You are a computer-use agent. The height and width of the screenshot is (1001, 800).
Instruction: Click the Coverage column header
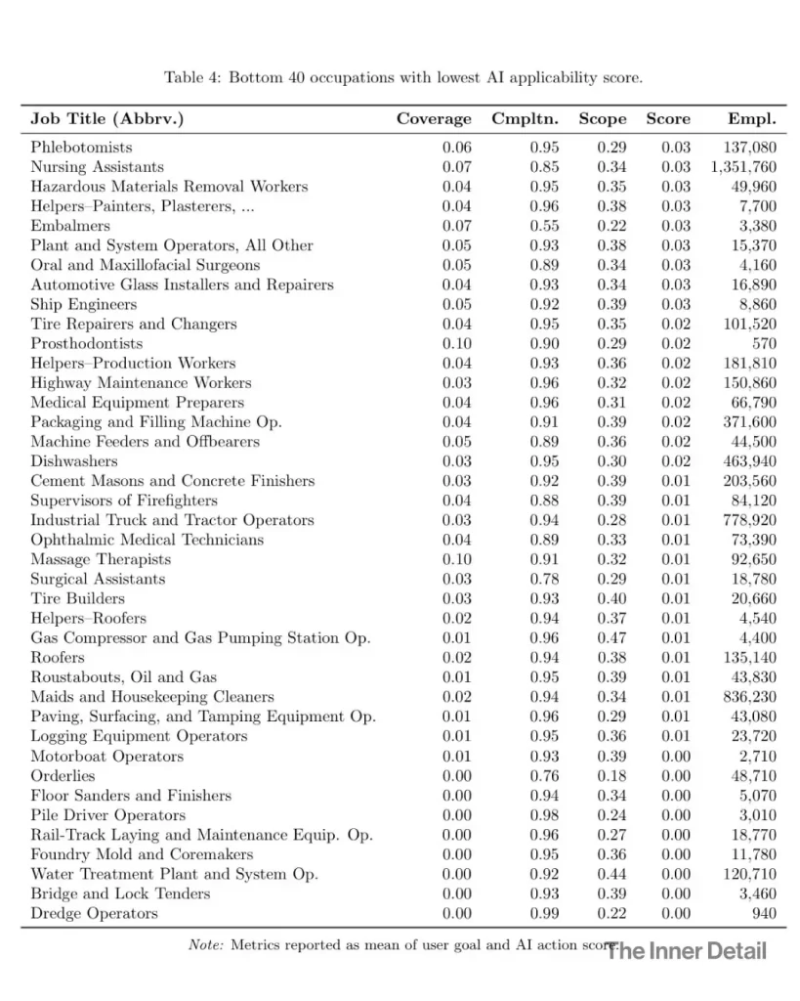pyautogui.click(x=433, y=119)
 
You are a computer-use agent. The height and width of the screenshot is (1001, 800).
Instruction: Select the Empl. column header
pyautogui.click(x=751, y=119)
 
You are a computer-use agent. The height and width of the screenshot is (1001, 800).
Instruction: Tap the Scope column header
pyautogui.click(x=602, y=119)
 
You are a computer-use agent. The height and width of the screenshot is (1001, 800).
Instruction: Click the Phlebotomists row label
pyautogui.click(x=80, y=148)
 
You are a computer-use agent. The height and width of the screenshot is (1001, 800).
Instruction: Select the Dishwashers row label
pyautogui.click(x=73, y=461)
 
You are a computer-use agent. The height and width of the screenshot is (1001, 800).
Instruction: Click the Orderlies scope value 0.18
pyautogui.click(x=611, y=775)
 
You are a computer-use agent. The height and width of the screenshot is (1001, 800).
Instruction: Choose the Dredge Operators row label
pyautogui.click(x=93, y=913)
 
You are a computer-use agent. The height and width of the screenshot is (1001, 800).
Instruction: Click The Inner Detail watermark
pyautogui.click(x=687, y=950)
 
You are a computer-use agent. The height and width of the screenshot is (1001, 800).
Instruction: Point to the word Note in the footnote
pyautogui.click(x=205, y=945)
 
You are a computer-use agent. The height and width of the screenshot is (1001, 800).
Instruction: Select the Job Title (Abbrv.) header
pyautogui.click(x=106, y=119)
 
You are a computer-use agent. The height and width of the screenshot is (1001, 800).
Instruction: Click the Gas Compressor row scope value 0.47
pyautogui.click(x=611, y=637)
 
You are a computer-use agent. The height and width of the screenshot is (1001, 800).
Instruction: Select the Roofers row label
pyautogui.click(x=57, y=657)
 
